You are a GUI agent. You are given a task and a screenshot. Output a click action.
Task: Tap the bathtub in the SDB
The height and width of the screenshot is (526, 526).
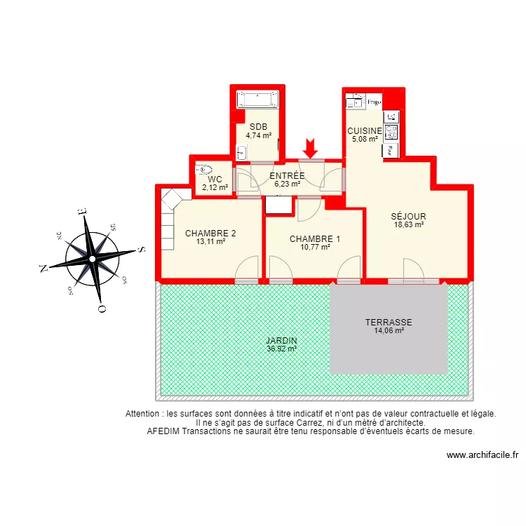tap(257, 99)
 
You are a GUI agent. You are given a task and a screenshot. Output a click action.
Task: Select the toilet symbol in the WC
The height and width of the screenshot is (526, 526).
tap(204, 169)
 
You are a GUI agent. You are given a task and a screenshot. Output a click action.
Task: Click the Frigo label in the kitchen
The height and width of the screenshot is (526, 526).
tap(374, 102)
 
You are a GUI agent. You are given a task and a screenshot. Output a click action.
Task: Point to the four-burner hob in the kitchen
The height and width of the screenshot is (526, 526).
tap(391, 132)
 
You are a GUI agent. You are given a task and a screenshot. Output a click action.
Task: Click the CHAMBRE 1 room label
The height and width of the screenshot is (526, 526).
tap(315, 238)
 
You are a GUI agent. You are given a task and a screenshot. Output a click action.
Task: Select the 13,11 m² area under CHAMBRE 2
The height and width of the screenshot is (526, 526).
tap(210, 241)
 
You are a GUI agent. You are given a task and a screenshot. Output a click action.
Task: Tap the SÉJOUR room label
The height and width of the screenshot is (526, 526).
tap(409, 216)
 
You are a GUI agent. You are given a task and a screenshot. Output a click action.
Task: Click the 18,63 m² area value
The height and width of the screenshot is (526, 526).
tap(409, 224)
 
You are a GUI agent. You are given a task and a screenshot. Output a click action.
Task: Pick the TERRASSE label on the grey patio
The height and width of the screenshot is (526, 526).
tap(389, 323)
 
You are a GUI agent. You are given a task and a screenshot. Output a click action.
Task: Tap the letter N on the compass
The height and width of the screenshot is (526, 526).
tap(43, 268)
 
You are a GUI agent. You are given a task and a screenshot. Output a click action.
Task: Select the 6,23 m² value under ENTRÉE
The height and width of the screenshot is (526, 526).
tap(287, 184)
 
